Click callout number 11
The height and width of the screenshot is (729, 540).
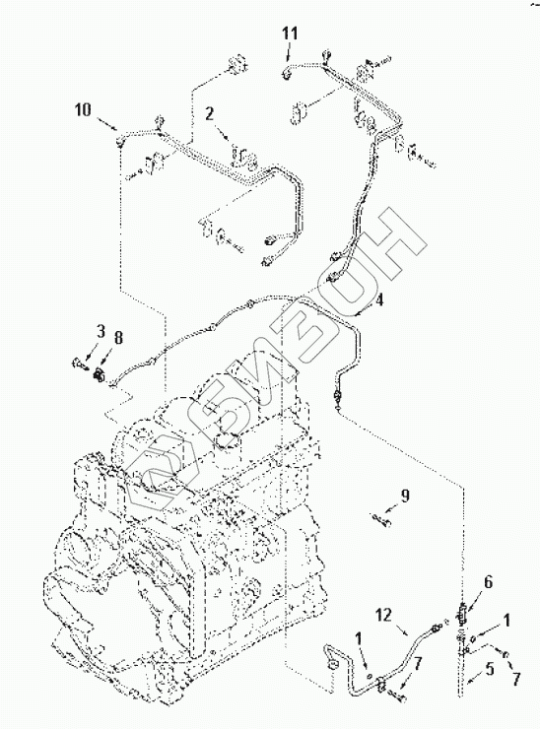click(290, 33)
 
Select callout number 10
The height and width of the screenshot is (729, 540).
click(83, 110)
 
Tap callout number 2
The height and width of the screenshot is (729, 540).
click(210, 113)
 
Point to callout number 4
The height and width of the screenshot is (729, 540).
click(379, 299)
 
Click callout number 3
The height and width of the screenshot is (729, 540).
click(100, 331)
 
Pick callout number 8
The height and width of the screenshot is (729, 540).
click(118, 338)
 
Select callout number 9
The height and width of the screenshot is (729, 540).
click(405, 497)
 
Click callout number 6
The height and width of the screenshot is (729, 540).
click(489, 581)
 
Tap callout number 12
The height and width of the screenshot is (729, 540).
click(385, 615)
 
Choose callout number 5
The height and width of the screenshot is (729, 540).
click(489, 669)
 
